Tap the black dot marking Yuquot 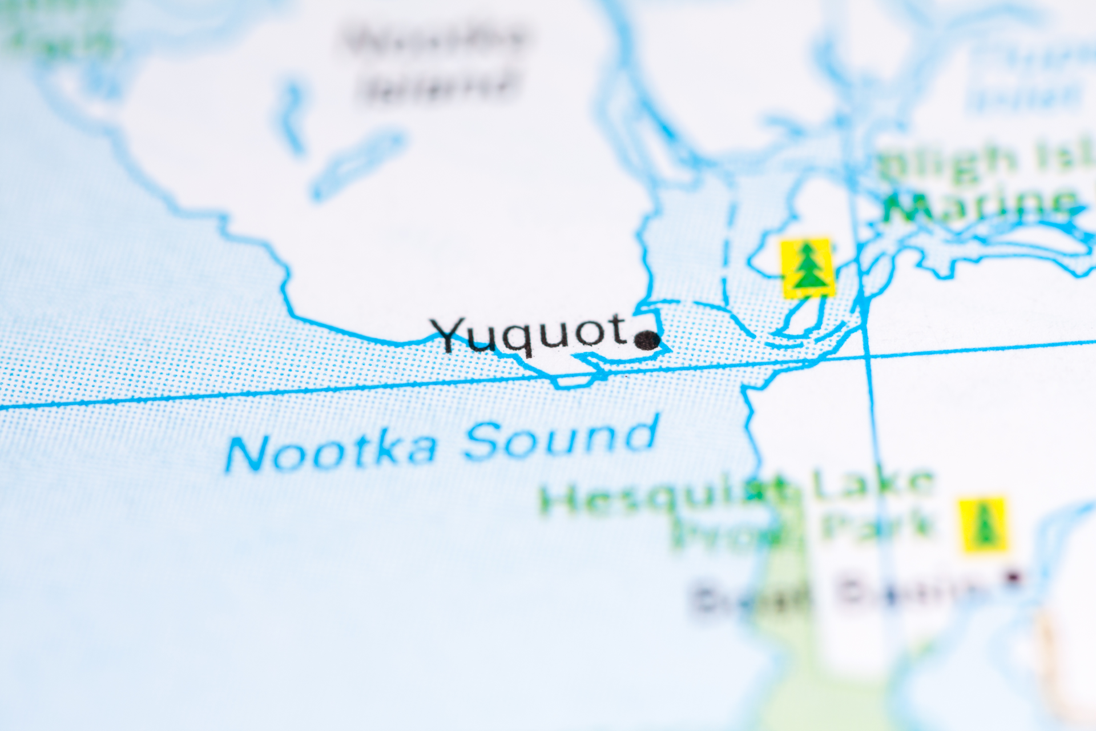click(647, 340)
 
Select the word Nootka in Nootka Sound click(331, 452)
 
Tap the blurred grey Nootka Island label click(437, 63)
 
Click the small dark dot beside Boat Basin click(1013, 578)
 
